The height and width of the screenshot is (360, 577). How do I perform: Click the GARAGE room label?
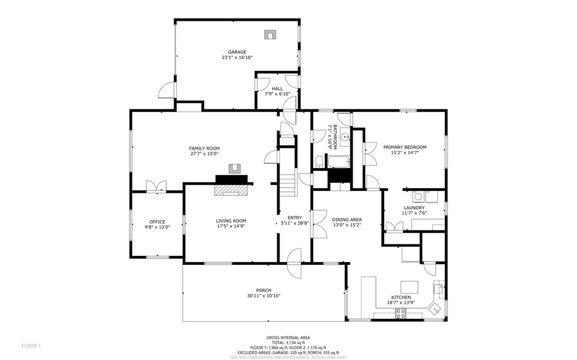[x=237, y=52]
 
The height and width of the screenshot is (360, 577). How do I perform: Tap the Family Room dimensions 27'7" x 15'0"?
[x=204, y=153]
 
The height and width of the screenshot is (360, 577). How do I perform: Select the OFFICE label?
[x=157, y=221]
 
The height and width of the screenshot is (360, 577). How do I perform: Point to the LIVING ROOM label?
[x=231, y=220]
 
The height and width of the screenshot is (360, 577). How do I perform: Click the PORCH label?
[x=264, y=290]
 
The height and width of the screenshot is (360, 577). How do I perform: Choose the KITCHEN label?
[x=401, y=297]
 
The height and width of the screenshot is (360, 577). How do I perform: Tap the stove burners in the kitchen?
[x=401, y=314]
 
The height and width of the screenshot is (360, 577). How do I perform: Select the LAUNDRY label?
[x=413, y=207]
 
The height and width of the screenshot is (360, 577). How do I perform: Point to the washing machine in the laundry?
[x=419, y=196]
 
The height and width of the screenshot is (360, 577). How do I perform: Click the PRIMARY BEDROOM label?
[x=405, y=147]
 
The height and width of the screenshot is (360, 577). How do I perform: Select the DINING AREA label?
[x=347, y=219]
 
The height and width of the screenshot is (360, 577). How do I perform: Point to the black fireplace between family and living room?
[x=231, y=179]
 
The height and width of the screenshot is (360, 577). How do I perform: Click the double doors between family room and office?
[x=156, y=186]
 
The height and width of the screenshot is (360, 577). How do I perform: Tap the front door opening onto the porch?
[x=295, y=263]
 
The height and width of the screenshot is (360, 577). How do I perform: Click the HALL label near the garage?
[x=277, y=88]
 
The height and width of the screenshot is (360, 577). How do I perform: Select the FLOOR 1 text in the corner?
[x=31, y=345]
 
